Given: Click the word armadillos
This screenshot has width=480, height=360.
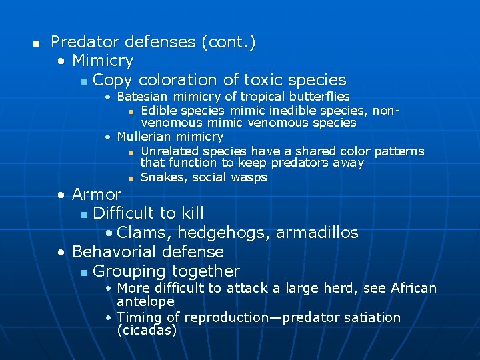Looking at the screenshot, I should (317, 233).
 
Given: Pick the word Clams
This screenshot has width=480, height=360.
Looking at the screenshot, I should (143, 233).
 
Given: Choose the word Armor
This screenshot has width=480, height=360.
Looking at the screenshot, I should (97, 195).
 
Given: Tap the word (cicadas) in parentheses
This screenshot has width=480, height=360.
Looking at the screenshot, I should (147, 330).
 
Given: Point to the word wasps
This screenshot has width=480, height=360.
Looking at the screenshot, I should (248, 177).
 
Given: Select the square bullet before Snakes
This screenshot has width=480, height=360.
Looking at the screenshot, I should (132, 178).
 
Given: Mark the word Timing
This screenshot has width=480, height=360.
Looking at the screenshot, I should (138, 317).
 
